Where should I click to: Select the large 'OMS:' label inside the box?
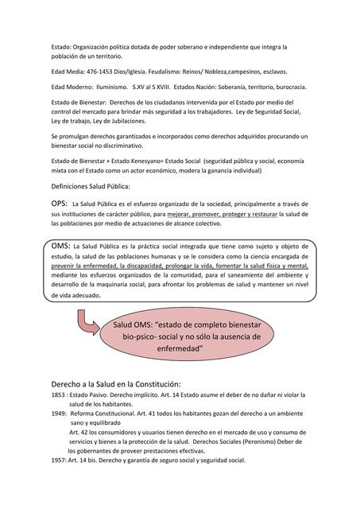[x=59, y=246]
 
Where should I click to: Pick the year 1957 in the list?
[x=57, y=460]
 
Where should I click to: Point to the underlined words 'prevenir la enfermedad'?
[x=87, y=267]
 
